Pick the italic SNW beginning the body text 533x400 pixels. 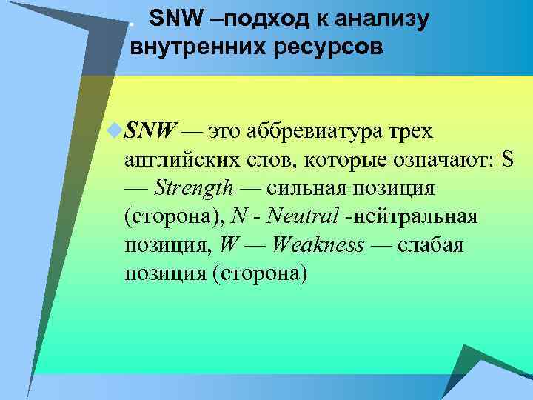coord(150,132)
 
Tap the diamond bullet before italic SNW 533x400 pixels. coord(112,131)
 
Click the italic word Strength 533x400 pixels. coord(193,189)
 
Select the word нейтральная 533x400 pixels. coord(417,217)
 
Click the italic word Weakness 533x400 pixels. coord(318,245)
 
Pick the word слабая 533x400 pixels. coord(431,245)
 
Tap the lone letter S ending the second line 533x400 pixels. coord(506,160)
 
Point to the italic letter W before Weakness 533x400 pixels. coord(228,245)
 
